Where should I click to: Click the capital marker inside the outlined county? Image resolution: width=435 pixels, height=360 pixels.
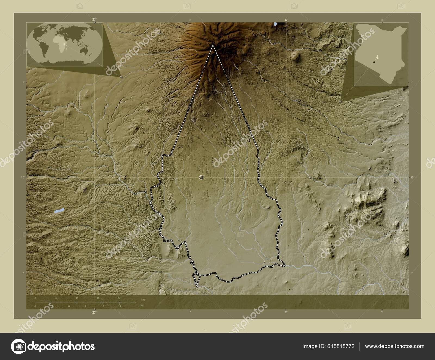tap(201, 177)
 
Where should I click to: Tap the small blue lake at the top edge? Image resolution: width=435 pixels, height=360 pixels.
tap(276, 24)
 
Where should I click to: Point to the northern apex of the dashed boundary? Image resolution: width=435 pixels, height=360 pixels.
tap(213, 45)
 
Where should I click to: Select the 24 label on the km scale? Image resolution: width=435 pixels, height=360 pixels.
tap(119, 298)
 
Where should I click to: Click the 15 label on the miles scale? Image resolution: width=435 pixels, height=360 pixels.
tap(119, 306)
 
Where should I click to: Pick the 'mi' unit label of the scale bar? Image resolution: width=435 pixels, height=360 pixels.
tap(143, 305)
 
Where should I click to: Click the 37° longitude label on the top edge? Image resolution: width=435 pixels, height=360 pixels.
tap(94, 20)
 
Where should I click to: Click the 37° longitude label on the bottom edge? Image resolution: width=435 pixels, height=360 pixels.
tap(94, 313)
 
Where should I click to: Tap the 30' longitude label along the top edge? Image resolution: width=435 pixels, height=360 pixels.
tap(286, 20)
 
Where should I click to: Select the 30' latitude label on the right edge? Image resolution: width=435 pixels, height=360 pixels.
tap(412, 178)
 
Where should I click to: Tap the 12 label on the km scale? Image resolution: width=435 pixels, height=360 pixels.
tap(77, 298)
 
